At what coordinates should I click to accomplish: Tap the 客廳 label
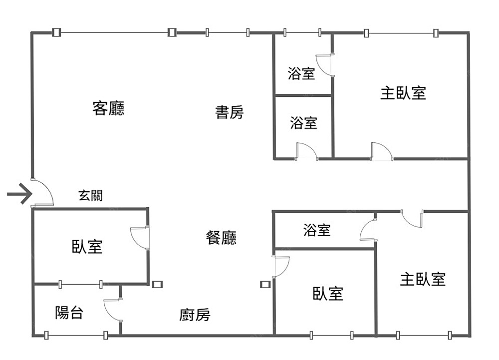(x=108, y=108)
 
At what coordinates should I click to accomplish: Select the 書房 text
(x=230, y=112)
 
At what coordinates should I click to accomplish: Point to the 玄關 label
(x=90, y=195)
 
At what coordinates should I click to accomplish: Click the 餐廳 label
(x=221, y=238)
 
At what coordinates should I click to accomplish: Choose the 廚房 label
(x=195, y=315)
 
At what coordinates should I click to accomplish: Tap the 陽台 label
(x=69, y=313)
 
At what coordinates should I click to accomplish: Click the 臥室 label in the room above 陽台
(x=87, y=246)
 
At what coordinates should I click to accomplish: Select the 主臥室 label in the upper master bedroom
(x=403, y=93)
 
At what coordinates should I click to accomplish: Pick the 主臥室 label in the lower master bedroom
(x=423, y=279)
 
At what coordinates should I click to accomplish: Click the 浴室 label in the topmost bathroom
(x=301, y=74)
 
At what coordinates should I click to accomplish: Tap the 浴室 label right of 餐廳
(x=317, y=230)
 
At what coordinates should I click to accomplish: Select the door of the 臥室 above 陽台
(x=139, y=237)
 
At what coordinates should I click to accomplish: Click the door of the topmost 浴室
(x=325, y=64)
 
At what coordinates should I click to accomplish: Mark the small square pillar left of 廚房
(x=157, y=285)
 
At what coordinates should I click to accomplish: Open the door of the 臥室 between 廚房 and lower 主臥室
(x=281, y=267)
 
